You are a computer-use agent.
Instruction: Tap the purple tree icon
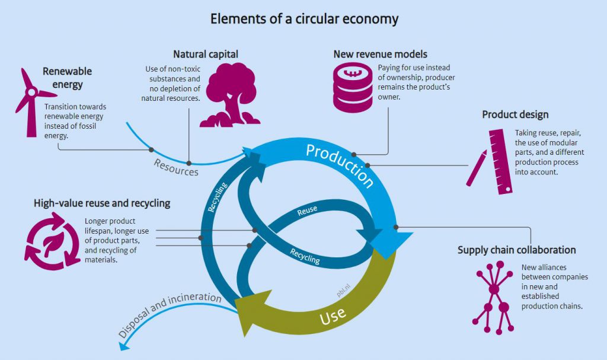coord(229,95)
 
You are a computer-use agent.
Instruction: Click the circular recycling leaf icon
coord(53,241)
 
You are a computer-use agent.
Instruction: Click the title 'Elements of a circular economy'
coord(304,19)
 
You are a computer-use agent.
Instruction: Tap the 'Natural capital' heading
coord(206,54)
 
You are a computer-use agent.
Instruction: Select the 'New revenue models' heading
coord(381,54)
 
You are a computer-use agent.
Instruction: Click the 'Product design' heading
coord(515,114)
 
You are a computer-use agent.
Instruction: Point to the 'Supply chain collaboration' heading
coord(517,250)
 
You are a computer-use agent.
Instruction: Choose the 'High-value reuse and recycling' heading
coord(102,203)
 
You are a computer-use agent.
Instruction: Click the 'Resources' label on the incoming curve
coord(176,167)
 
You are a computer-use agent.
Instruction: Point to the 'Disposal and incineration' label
coord(169,314)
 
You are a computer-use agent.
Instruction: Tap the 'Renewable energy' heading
coord(67,78)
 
